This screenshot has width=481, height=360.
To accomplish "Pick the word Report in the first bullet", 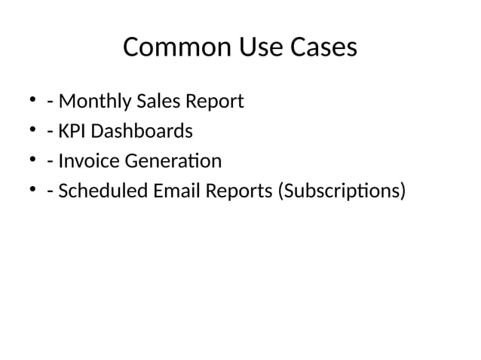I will point(215,102).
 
